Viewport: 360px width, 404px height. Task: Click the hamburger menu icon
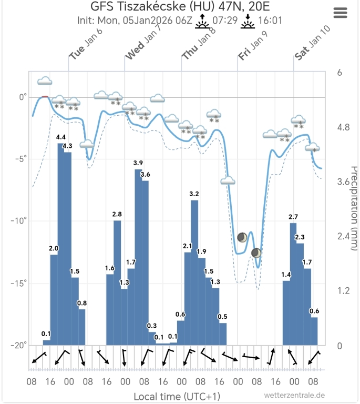[341, 13]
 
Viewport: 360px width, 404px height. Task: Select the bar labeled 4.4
[61, 242]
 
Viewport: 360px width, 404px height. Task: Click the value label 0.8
[82, 303]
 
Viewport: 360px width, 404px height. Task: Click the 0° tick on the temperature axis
[23, 97]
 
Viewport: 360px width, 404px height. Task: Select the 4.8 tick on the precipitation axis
[343, 127]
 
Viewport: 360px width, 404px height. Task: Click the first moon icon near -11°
[242, 238]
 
